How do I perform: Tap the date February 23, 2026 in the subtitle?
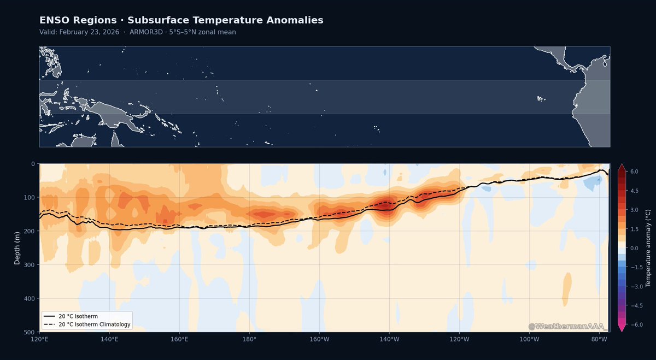tap(89, 32)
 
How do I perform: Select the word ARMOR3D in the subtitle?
tap(146, 32)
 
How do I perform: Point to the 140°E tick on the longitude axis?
tap(109, 339)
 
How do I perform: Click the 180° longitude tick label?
tap(249, 339)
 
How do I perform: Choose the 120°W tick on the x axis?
tap(460, 339)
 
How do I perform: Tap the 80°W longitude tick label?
tap(599, 339)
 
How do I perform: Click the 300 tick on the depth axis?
tap(30, 265)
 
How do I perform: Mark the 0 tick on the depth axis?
tap(33, 164)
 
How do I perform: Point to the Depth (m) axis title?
tap(17, 248)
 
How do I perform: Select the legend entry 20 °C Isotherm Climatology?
tap(87, 324)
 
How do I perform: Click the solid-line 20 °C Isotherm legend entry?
tap(71, 316)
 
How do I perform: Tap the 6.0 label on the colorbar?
tap(634, 172)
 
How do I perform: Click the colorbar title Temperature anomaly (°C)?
tap(648, 248)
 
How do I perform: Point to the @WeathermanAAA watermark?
tap(566, 326)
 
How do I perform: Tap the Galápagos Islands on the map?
tap(541, 99)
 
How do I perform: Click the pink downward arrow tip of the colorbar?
tap(622, 331)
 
